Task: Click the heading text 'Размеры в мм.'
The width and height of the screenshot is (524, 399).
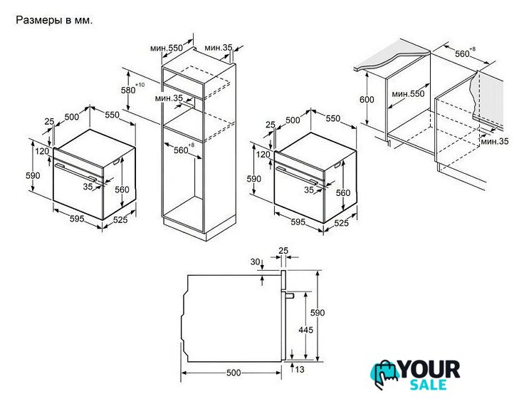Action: point(54,21)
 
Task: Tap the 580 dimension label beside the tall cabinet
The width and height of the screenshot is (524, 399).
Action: point(128,90)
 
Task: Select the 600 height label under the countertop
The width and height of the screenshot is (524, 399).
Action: point(367,99)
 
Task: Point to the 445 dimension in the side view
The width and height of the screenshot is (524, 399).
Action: point(305,330)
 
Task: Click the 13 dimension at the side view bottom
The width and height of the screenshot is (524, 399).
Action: point(300,369)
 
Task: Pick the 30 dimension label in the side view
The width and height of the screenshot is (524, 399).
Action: point(255,262)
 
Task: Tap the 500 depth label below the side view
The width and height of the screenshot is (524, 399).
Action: point(234,373)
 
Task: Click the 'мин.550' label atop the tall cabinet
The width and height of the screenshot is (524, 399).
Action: point(167,48)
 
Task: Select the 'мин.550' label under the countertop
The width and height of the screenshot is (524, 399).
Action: point(408,93)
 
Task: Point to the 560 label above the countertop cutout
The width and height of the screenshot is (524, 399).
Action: point(463,53)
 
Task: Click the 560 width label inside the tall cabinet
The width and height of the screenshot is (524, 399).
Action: point(181,150)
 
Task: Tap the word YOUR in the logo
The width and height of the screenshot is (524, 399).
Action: point(430,370)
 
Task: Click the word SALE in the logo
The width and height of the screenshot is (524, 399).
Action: point(429,385)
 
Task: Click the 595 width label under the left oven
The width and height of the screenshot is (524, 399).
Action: point(77,219)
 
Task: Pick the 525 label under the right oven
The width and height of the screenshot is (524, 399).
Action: point(341,223)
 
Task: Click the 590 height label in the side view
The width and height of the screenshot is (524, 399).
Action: point(318,312)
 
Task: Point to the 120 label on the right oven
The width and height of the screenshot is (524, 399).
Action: point(263,155)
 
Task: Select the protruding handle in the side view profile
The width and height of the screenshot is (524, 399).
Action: point(288,296)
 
